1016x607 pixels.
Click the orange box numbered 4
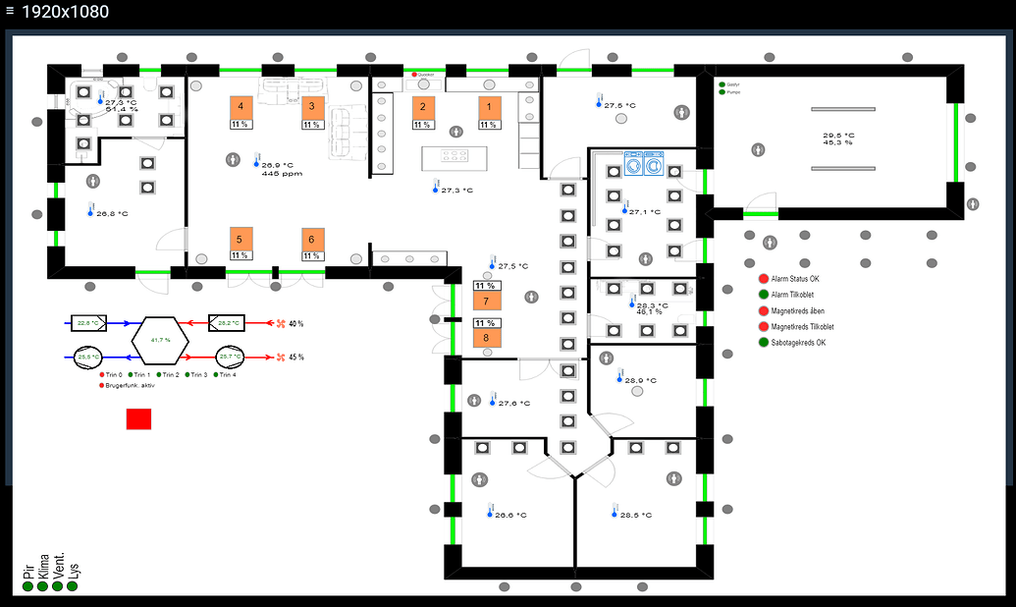click(x=241, y=107)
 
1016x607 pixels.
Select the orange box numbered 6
click(x=312, y=240)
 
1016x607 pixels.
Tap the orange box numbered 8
click(x=486, y=338)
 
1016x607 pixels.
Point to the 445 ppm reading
click(x=282, y=174)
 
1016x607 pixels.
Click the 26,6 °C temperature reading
click(x=510, y=515)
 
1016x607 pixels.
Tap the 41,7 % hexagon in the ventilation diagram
click(x=159, y=339)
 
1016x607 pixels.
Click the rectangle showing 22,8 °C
click(x=89, y=322)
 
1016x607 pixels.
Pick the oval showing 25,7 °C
click(x=230, y=357)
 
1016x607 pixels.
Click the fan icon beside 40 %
click(x=279, y=322)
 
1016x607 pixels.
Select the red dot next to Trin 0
click(x=102, y=374)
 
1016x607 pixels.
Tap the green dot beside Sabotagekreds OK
click(x=763, y=342)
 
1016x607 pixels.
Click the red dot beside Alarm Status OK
click(x=763, y=279)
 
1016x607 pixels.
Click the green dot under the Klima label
click(x=42, y=586)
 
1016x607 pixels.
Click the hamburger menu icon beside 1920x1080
click(x=10, y=12)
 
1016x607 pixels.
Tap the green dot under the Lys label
click(x=73, y=586)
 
